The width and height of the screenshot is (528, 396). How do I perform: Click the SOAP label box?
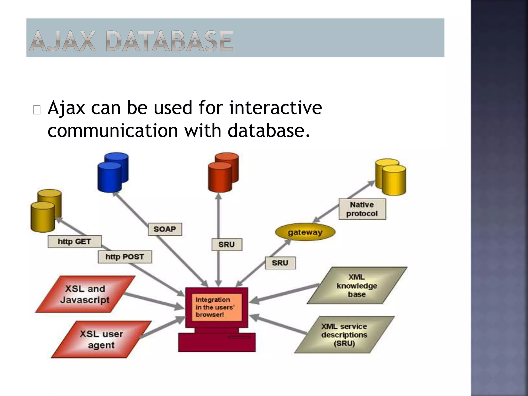pyautogui.click(x=165, y=229)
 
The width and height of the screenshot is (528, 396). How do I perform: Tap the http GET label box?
pyautogui.click(x=75, y=242)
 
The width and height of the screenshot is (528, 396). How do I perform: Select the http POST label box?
pyautogui.click(x=125, y=257)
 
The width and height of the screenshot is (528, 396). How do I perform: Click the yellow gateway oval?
pyautogui.click(x=305, y=232)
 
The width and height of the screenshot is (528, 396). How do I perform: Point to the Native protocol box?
pyautogui.click(x=362, y=209)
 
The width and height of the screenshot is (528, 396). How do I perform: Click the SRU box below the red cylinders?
pyautogui.click(x=227, y=244)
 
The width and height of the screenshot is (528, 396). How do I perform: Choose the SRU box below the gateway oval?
pyautogui.click(x=280, y=263)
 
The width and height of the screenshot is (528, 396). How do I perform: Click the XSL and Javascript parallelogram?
pyautogui.click(x=85, y=294)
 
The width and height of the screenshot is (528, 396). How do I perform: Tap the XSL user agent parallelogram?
pyautogui.click(x=101, y=339)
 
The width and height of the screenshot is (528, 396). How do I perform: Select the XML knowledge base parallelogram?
pyautogui.click(x=357, y=286)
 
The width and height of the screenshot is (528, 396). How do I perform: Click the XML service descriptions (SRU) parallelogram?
pyautogui.click(x=344, y=335)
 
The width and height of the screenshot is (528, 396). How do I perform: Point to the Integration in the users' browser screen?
pyautogui.click(x=216, y=307)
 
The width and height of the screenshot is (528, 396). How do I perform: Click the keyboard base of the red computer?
pyautogui.click(x=217, y=342)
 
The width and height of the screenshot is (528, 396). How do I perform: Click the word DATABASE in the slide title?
pyautogui.click(x=170, y=41)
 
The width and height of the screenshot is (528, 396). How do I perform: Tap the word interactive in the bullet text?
pyautogui.click(x=275, y=108)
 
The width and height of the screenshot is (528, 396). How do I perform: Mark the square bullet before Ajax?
pyautogui.click(x=37, y=110)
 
